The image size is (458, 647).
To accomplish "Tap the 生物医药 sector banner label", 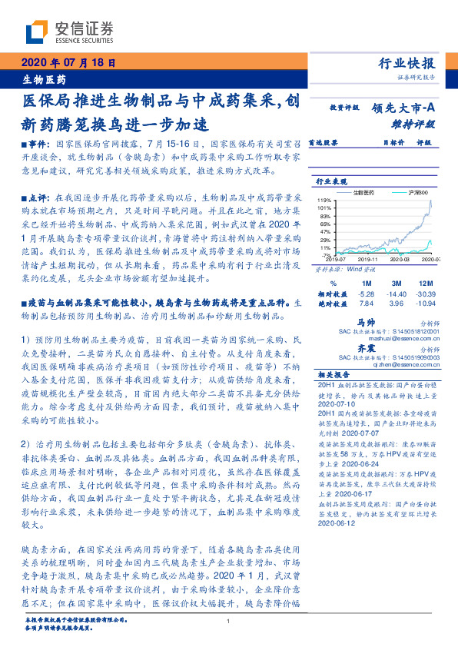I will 42,79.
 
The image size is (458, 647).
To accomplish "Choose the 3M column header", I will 397,284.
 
